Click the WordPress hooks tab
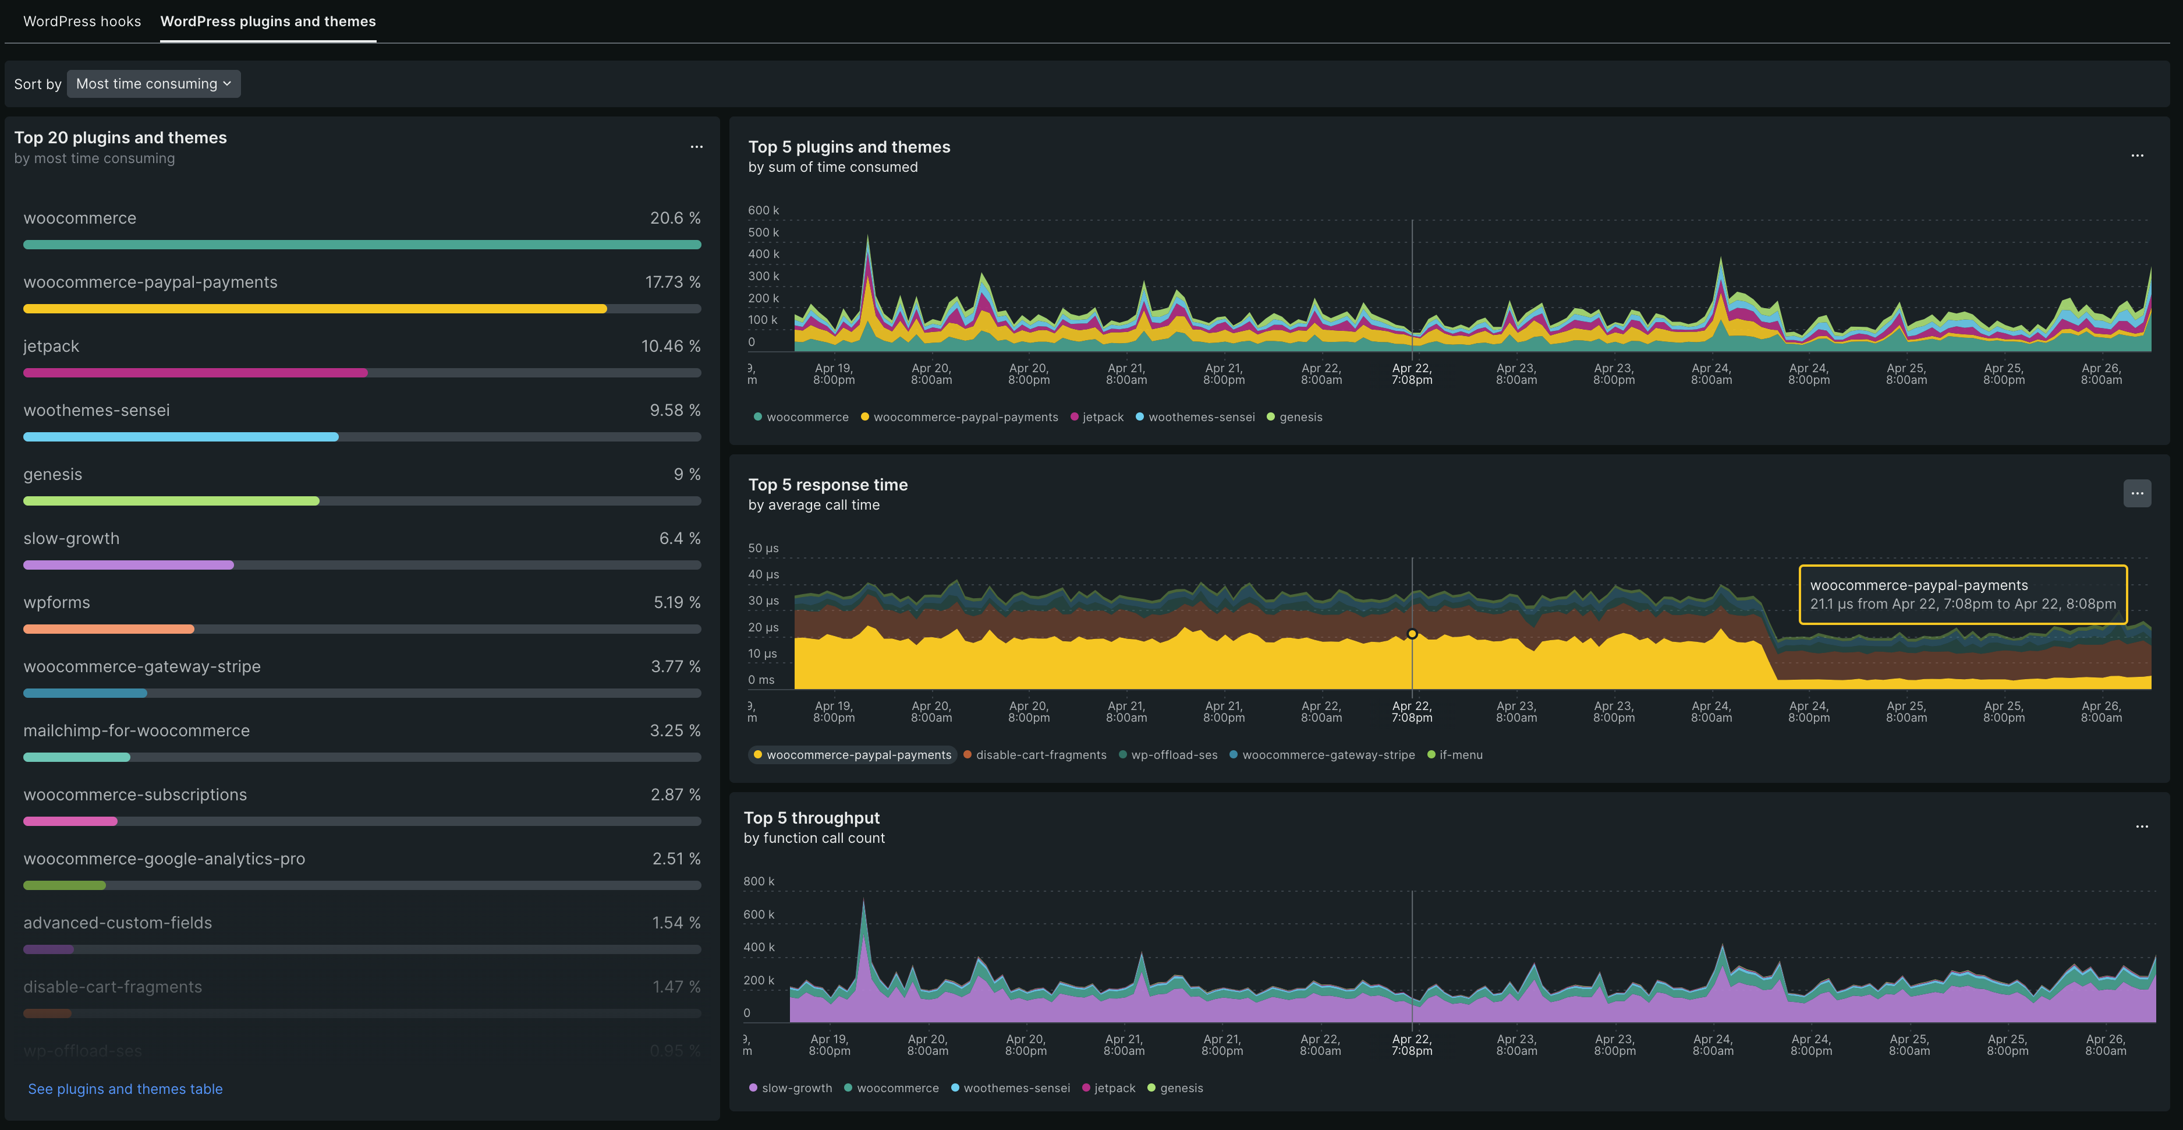click(82, 21)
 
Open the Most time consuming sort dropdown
click(153, 84)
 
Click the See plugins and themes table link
click(125, 1089)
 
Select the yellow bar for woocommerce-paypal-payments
click(314, 309)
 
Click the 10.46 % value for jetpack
click(670, 346)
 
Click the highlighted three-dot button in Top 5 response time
click(2136, 493)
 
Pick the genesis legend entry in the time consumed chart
click(1300, 417)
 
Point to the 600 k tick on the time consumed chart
click(763, 210)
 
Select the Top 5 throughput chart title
click(811, 818)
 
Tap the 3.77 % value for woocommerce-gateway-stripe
click(675, 666)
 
